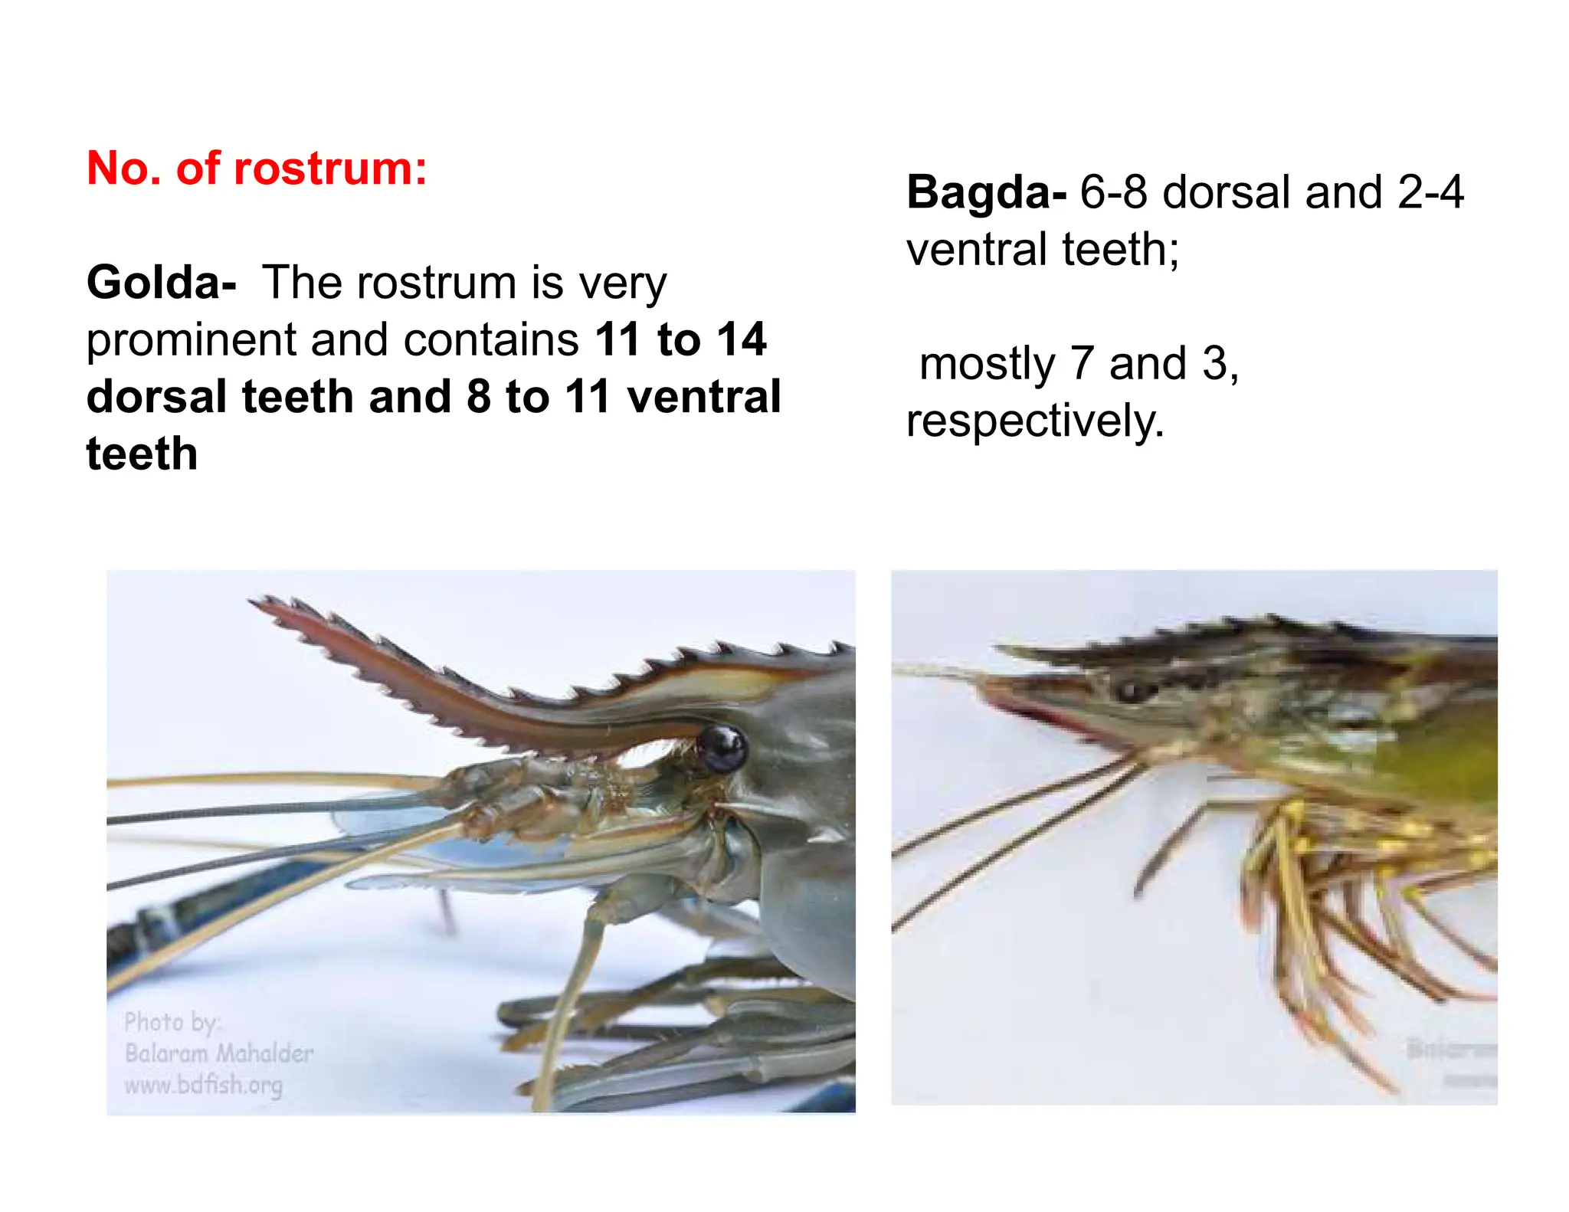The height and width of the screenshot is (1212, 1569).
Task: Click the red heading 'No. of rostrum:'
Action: point(257,168)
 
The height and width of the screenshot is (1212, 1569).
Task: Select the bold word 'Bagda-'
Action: point(986,192)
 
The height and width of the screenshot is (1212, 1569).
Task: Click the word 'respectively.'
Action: point(1035,421)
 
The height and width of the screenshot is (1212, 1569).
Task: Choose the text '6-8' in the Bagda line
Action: point(1113,192)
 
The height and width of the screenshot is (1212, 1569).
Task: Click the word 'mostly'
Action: point(987,365)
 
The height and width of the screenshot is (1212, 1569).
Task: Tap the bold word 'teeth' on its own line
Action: point(142,454)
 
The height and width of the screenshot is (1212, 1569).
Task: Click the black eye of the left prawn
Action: point(722,747)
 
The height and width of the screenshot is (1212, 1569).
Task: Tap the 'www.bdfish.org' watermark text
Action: point(204,1085)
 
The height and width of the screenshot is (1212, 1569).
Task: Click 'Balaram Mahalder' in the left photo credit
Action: point(219,1053)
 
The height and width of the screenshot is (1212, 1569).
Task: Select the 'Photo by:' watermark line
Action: point(172,1022)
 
